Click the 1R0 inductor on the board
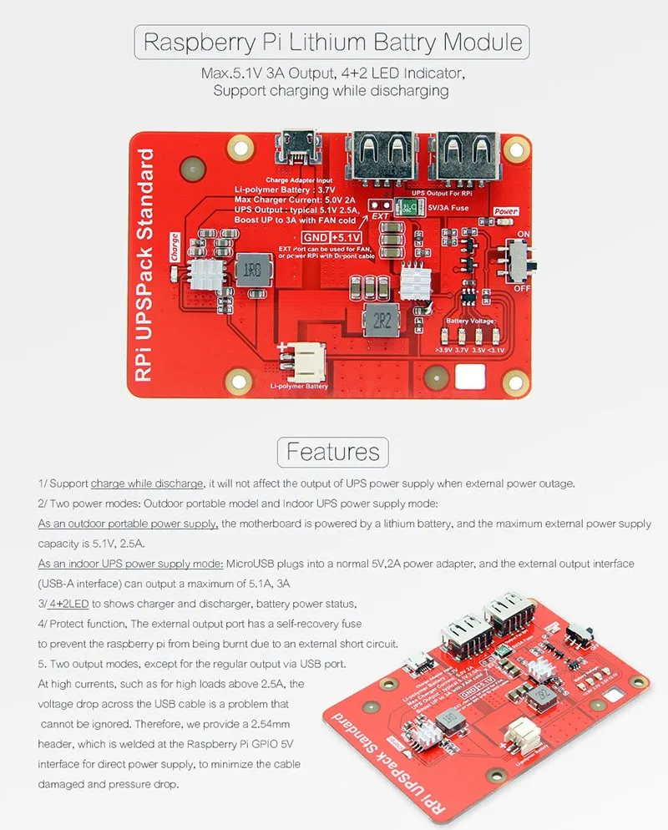250,270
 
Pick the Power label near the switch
506,212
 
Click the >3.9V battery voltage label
443,352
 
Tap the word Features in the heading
333,452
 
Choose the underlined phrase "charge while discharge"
147,483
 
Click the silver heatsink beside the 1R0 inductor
205,273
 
